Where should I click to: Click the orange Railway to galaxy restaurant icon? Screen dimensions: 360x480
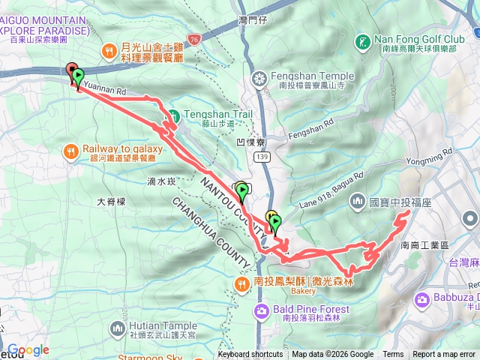(x=72, y=150)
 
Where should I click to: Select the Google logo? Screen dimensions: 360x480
(x=28, y=349)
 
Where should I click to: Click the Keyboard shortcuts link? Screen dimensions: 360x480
(x=250, y=355)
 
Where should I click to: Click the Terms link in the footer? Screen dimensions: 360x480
(x=393, y=355)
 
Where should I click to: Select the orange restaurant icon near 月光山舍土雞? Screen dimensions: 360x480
(x=109, y=51)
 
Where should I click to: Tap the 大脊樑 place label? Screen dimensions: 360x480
(x=112, y=202)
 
